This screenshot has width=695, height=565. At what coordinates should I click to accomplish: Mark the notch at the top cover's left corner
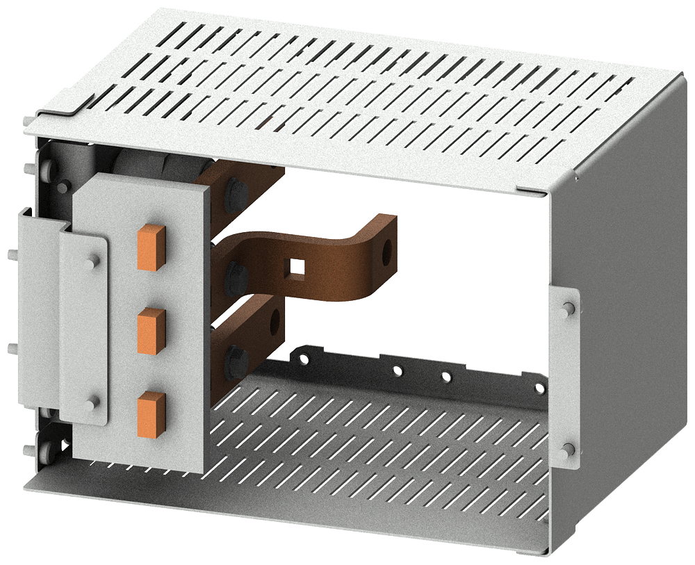point(78,104)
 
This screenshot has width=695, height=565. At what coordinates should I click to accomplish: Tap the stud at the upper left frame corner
point(29,168)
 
